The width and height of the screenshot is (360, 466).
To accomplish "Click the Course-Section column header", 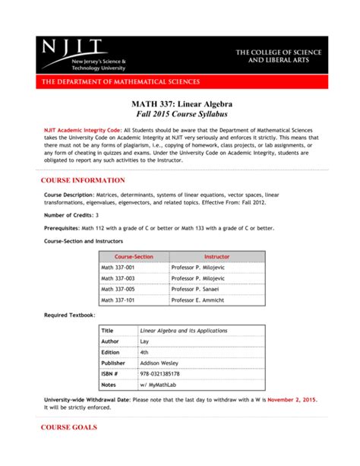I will tap(134, 257).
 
